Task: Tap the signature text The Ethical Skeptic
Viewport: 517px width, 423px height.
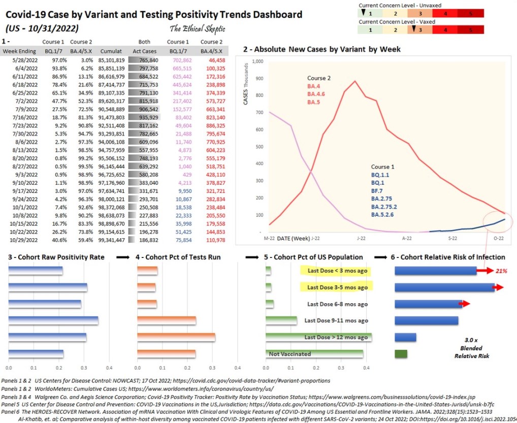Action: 197,28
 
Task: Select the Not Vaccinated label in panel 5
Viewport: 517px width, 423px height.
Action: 290,354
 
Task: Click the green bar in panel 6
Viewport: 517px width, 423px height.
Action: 401,353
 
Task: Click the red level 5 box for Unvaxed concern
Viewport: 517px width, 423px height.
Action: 470,13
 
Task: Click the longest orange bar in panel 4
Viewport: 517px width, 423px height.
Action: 176,337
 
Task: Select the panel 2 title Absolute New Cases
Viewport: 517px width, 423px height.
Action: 322,49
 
